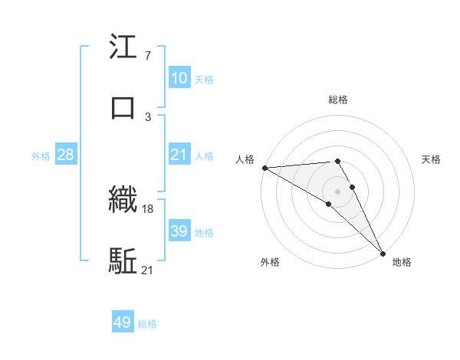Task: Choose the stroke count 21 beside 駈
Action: pyautogui.click(x=148, y=269)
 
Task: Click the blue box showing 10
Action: pyautogui.click(x=179, y=78)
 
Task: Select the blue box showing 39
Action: pyautogui.click(x=179, y=231)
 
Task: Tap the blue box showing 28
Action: pyautogui.click(x=66, y=155)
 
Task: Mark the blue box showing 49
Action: pyautogui.click(x=123, y=323)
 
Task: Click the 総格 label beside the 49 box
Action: pyautogui.click(x=147, y=324)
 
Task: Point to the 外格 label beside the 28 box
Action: pyautogui.click(x=41, y=155)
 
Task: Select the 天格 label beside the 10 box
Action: pyautogui.click(x=203, y=79)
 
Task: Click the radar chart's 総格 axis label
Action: pyautogui.click(x=338, y=100)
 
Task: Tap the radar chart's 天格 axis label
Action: pyautogui.click(x=432, y=159)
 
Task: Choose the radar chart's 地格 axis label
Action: pyautogui.click(x=402, y=262)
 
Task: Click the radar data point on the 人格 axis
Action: pyautogui.click(x=264, y=168)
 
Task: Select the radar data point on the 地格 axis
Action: pyautogui.click(x=383, y=252)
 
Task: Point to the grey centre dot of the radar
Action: pyautogui.click(x=338, y=191)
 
